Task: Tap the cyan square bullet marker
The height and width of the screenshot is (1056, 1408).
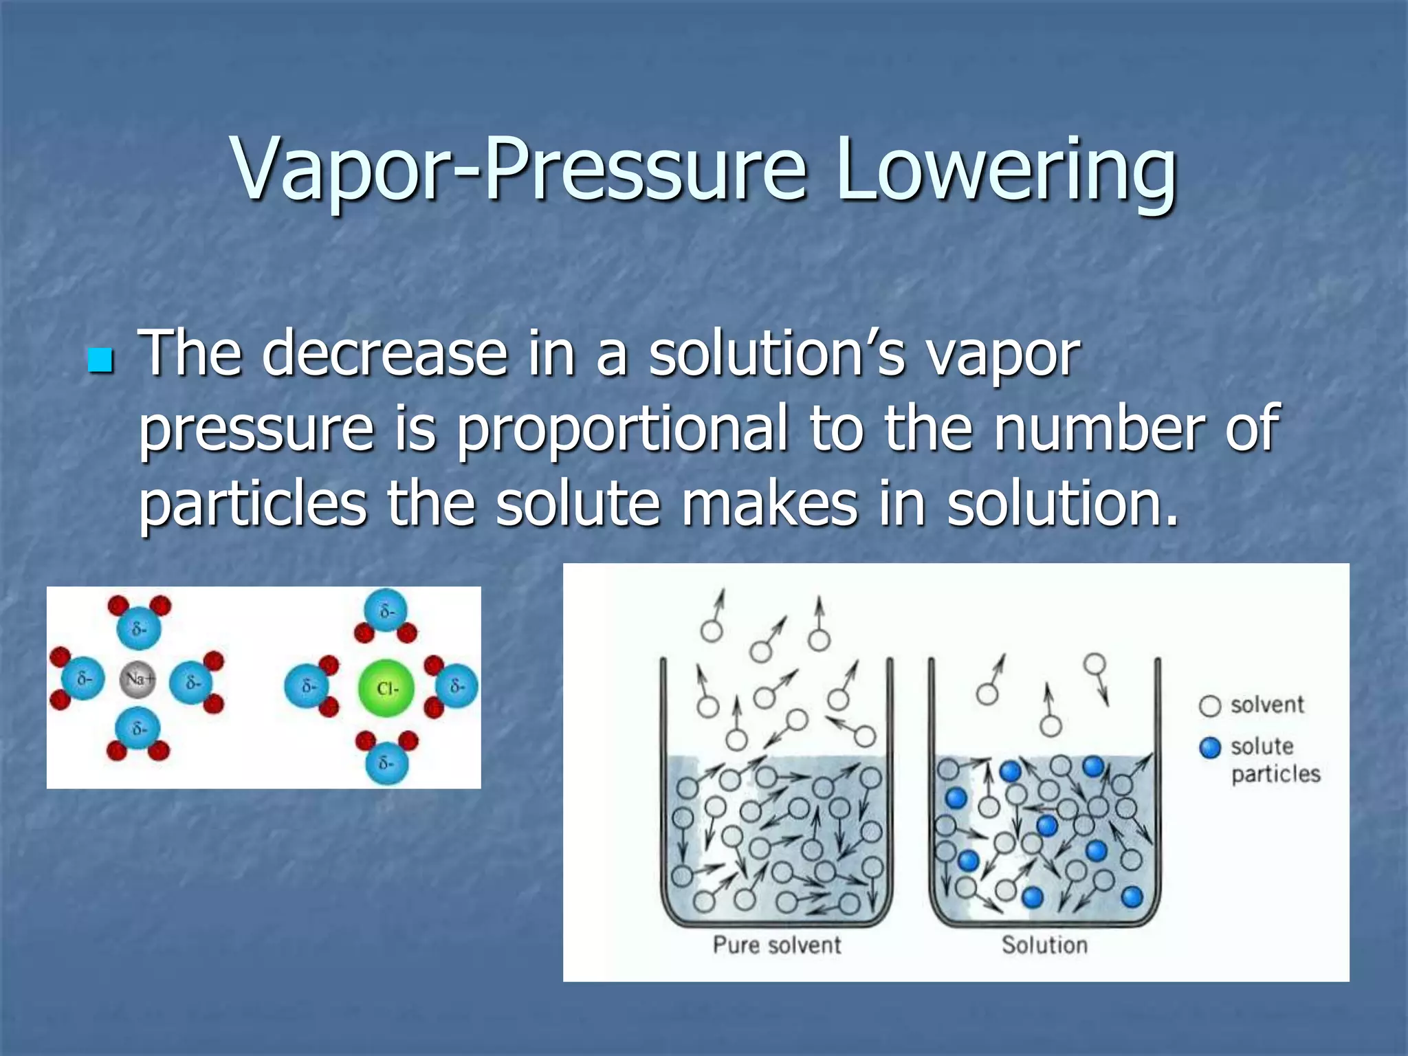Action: [x=100, y=360]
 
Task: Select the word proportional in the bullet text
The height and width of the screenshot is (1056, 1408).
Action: [x=623, y=430]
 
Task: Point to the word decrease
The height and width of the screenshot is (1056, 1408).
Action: [x=384, y=353]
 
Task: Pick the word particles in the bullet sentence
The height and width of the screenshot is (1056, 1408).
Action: [x=253, y=504]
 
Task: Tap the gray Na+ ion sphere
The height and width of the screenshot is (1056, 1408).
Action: [x=138, y=679]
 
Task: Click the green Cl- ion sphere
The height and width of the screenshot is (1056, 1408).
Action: [x=386, y=687]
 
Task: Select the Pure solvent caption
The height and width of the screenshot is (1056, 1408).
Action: [x=776, y=945]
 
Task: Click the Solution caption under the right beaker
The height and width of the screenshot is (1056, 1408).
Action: [x=1044, y=945]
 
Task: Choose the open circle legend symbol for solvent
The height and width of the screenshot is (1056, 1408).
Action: [x=1209, y=706]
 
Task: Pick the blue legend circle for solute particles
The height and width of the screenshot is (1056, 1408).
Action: [x=1209, y=747]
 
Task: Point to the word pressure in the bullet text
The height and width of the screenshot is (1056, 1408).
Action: [x=256, y=430]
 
